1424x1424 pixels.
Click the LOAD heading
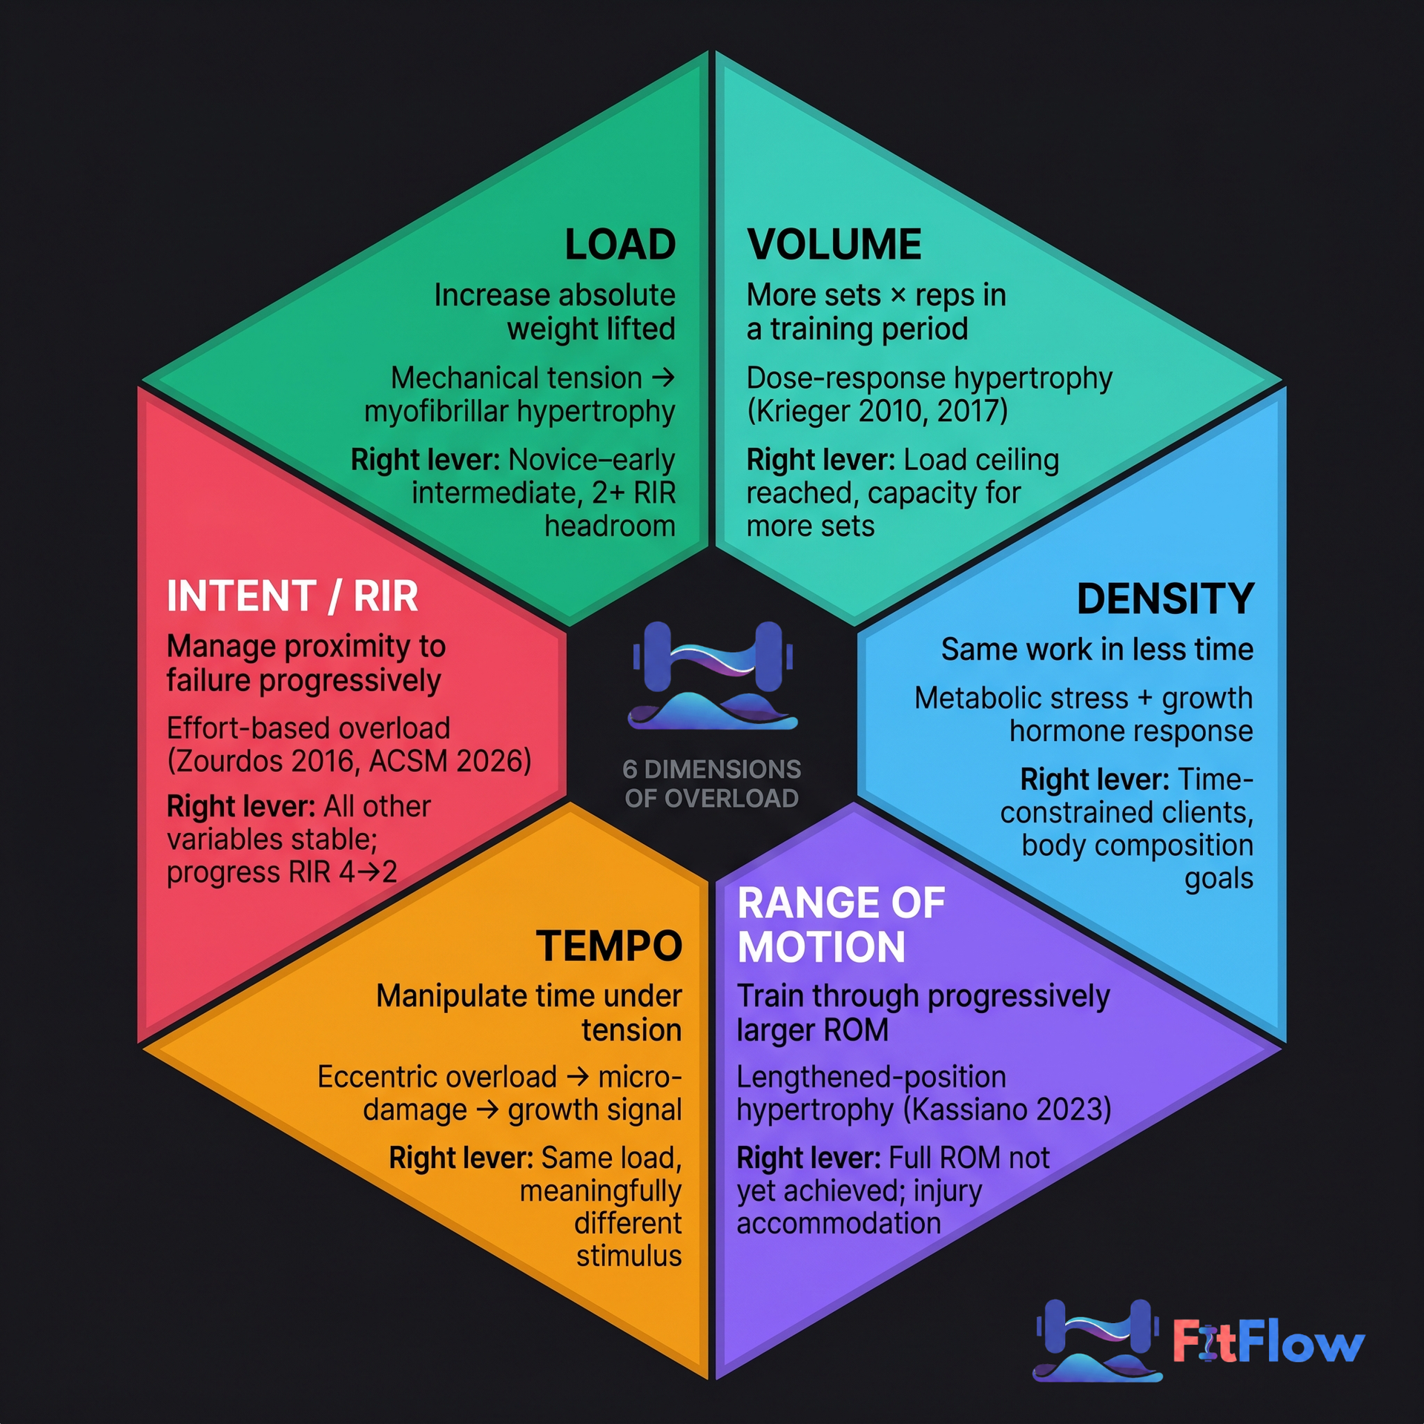620,245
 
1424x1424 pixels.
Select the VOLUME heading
834,245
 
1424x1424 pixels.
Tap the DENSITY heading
1164,599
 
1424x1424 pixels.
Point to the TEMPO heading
608,946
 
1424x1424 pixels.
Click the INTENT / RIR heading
292,596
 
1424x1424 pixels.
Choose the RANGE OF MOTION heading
840,925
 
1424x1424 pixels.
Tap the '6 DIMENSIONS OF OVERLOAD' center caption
712,784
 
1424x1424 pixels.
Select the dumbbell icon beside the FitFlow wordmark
1097,1340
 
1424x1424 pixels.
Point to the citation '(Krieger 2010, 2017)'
877,411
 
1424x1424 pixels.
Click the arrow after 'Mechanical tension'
663,378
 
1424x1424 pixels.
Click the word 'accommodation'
838,1223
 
